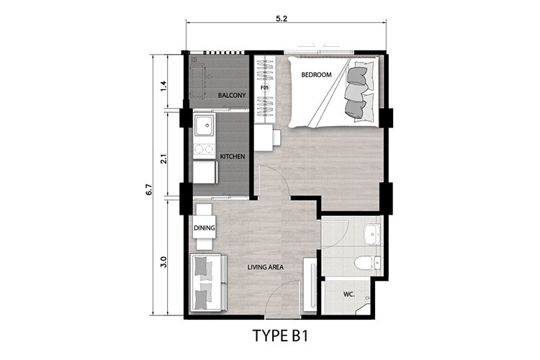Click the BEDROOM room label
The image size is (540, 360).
(316, 74)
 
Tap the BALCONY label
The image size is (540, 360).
(232, 95)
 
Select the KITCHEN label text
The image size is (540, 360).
(233, 156)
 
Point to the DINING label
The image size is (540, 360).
(204, 228)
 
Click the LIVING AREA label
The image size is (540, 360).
(266, 267)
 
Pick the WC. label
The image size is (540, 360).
(349, 294)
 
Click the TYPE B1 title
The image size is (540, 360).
(280, 336)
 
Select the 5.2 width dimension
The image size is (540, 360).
(282, 19)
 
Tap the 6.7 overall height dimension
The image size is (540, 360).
(149, 190)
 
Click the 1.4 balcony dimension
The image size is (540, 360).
(163, 86)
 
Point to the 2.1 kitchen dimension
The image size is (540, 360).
(163, 158)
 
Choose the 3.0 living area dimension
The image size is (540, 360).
(163, 262)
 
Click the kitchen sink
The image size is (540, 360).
(204, 125)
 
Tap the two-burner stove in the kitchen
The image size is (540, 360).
(204, 148)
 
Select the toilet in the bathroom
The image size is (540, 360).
(366, 264)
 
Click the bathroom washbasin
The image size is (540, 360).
(372, 235)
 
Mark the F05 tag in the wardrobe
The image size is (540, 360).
(264, 88)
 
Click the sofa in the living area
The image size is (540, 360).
(208, 282)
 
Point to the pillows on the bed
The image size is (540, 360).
(359, 91)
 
